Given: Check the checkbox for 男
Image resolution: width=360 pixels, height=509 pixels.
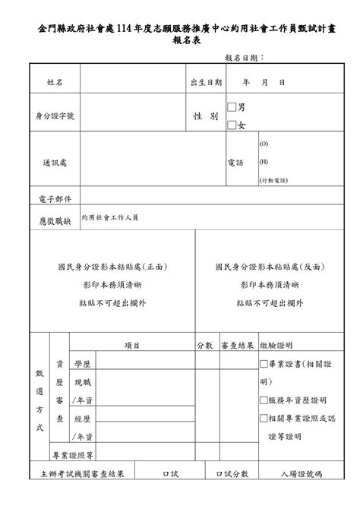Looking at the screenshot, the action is [232, 107].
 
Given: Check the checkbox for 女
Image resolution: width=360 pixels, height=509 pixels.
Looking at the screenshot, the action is [232, 124].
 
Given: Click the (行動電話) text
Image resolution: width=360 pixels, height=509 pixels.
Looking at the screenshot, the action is [273, 181].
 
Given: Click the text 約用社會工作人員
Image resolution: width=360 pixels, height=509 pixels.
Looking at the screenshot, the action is [110, 217].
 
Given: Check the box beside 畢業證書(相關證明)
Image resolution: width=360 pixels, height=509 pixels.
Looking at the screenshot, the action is [264, 364].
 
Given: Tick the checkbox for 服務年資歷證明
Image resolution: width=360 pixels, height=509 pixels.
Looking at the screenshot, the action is [264, 400].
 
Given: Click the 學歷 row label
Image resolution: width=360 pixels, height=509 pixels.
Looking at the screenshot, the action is [83, 364].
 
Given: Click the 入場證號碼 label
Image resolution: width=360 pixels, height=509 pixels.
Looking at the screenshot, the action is [301, 473].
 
